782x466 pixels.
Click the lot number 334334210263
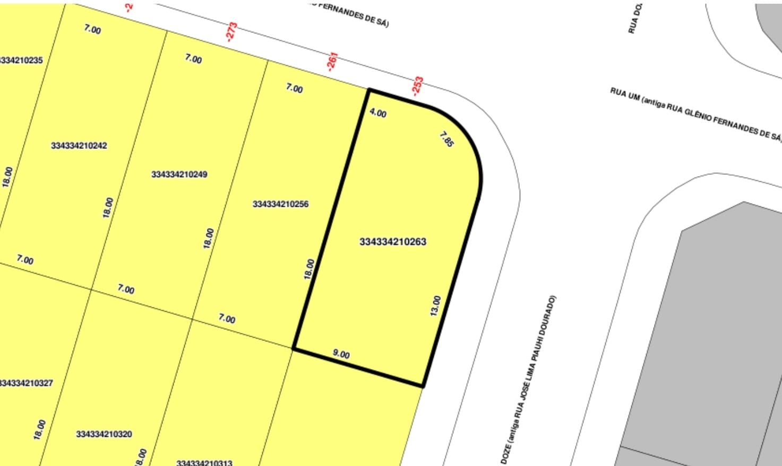pos(393,242)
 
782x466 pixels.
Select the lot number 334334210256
pos(280,204)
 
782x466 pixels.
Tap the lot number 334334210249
pos(179,174)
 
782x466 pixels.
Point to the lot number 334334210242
pos(79,146)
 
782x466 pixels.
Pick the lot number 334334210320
pos(104,434)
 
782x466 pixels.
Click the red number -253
pos(418,86)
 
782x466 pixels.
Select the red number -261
pos(332,61)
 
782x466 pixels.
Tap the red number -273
pos(231,32)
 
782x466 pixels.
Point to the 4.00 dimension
pos(378,113)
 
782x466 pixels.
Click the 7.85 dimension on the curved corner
pos(447,139)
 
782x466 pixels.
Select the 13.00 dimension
pos(435,306)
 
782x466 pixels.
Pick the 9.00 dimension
pos(341,354)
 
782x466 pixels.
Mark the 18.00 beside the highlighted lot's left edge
pos(309,269)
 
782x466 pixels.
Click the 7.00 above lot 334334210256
pos(294,88)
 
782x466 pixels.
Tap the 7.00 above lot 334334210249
pos(193,58)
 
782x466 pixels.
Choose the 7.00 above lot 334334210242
pos(92,29)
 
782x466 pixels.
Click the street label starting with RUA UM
pos(695,114)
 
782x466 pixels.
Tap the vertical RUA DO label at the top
pos(635,18)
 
